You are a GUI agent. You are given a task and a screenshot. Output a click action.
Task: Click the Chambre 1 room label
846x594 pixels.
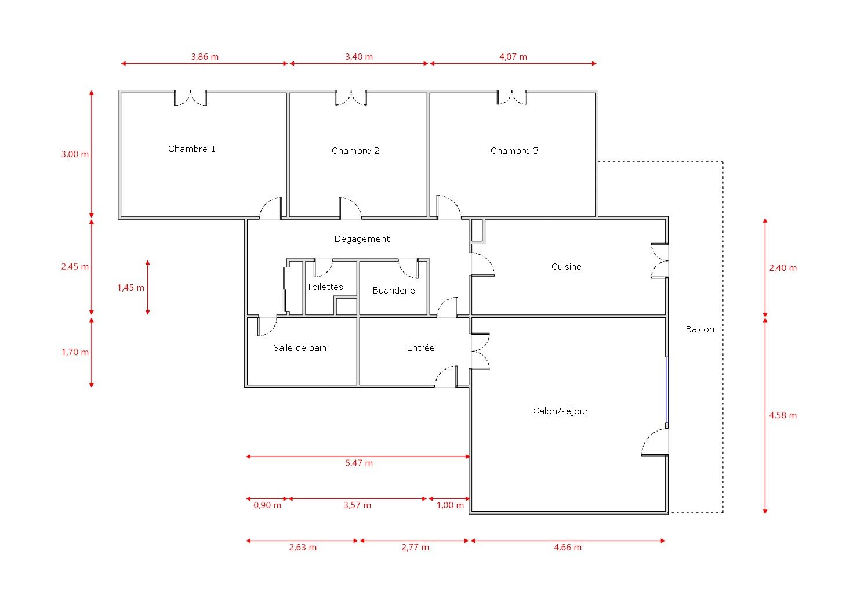(x=191, y=149)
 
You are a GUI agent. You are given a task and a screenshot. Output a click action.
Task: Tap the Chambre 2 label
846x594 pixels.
(x=355, y=151)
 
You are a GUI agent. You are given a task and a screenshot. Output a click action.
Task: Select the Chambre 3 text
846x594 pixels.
(x=514, y=151)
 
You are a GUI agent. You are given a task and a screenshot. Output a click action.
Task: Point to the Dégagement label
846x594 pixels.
(x=362, y=239)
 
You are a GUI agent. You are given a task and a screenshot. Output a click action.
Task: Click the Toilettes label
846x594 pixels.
(x=325, y=287)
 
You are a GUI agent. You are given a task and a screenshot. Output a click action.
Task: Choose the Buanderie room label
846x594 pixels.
(x=394, y=291)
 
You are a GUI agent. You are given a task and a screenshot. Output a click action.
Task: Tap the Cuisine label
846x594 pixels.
(x=566, y=267)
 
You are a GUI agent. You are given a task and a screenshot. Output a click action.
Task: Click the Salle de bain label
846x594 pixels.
(x=300, y=348)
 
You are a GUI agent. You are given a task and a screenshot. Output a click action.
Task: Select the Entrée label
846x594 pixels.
(x=420, y=348)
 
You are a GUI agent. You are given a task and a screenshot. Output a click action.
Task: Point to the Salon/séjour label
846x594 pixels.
(x=561, y=411)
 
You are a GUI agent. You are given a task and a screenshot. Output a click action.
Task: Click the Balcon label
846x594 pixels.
(x=700, y=329)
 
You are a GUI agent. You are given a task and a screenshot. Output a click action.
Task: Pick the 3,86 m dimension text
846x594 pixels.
(x=205, y=57)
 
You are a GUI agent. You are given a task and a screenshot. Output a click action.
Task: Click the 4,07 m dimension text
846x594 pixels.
(x=513, y=57)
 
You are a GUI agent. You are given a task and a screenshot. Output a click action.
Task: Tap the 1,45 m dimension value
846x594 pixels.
(x=130, y=288)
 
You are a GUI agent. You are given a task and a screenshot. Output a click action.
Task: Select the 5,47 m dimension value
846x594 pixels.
(x=359, y=463)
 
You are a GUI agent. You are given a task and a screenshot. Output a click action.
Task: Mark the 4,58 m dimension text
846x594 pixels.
(x=783, y=415)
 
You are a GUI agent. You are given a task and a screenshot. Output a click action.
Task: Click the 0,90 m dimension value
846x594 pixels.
(x=267, y=505)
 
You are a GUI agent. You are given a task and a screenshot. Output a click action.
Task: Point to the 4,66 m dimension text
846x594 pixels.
(x=568, y=548)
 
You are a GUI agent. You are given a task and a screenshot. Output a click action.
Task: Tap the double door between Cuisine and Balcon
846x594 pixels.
(x=660, y=260)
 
